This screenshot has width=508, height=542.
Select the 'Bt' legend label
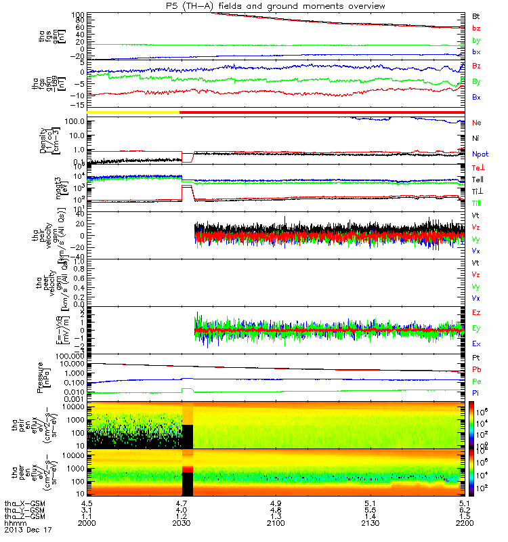tap(475, 15)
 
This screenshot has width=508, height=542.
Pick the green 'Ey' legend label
tap(475, 328)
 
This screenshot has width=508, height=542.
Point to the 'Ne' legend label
tap(475, 123)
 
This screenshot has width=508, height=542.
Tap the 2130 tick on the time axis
tap(371, 524)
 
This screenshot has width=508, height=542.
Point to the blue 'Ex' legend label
tap(475, 344)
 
